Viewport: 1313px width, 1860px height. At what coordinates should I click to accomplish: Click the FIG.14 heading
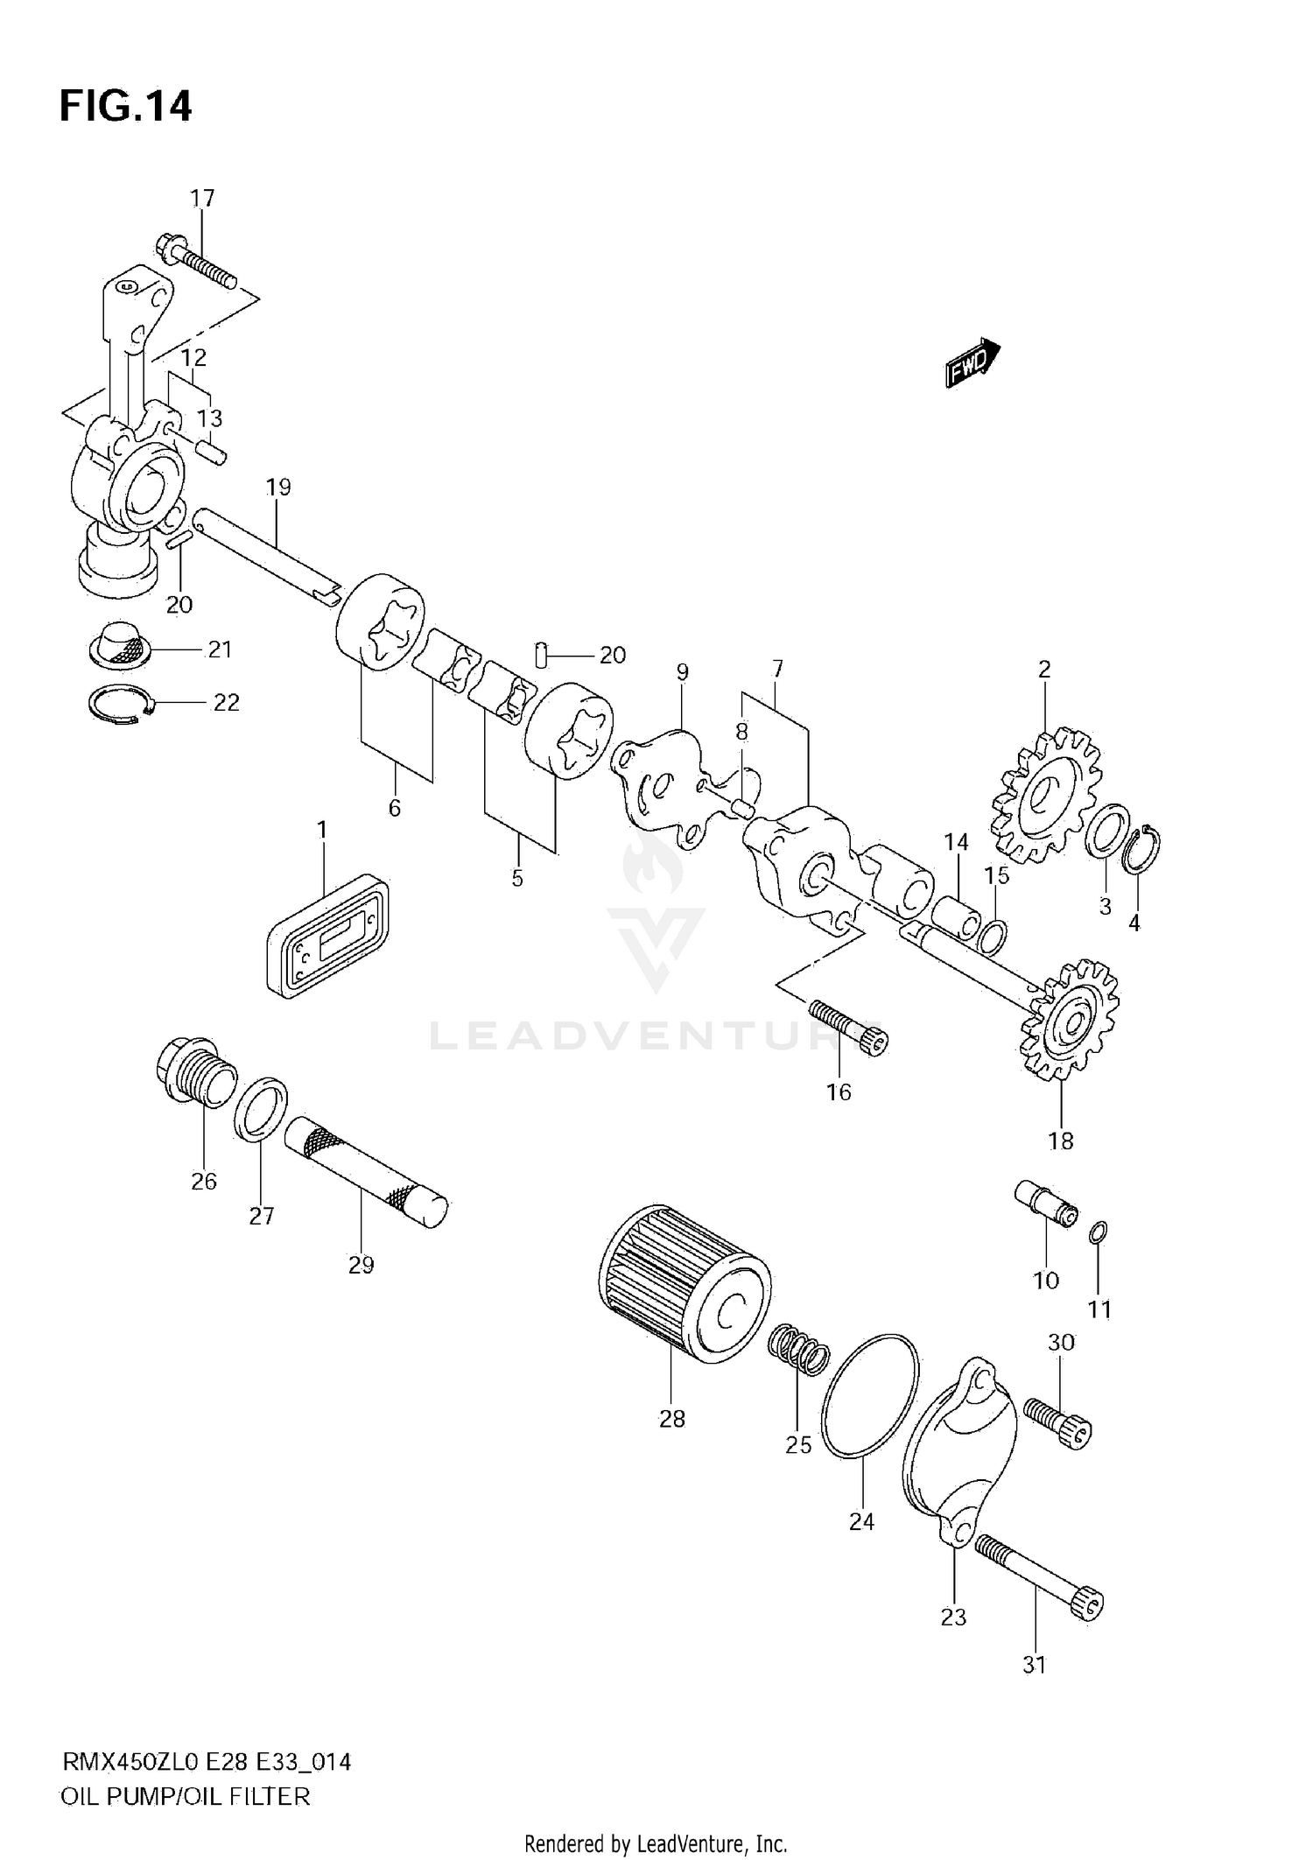125,106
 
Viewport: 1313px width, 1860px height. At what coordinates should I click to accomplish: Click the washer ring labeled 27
262,1110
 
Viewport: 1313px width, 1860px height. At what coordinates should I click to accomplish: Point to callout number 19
278,488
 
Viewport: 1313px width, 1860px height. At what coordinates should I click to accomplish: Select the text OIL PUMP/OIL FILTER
186,1796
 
